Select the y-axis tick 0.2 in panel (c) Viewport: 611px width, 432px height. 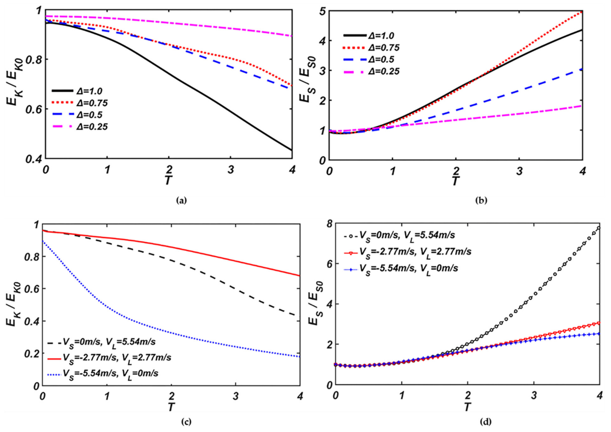tap(32, 353)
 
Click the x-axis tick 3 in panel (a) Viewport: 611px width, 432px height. tap(231, 170)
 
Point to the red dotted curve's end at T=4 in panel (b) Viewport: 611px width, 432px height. tap(582, 12)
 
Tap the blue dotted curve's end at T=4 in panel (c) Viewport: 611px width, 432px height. tap(300, 356)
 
